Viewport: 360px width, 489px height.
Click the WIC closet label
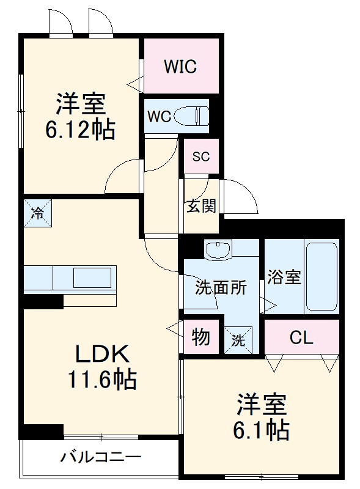(180, 67)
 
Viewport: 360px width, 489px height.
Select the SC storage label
(201, 156)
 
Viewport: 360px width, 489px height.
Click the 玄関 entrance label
(201, 206)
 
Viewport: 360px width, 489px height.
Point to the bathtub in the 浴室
(321, 277)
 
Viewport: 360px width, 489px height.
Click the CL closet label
(301, 337)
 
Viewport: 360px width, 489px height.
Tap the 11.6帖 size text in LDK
(102, 381)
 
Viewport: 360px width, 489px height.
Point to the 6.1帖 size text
(261, 431)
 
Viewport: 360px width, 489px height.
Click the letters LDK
(102, 353)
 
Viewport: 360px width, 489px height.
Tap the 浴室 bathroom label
(284, 277)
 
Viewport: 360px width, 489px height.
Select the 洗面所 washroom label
(221, 287)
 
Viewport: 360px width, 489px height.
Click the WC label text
(158, 116)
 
